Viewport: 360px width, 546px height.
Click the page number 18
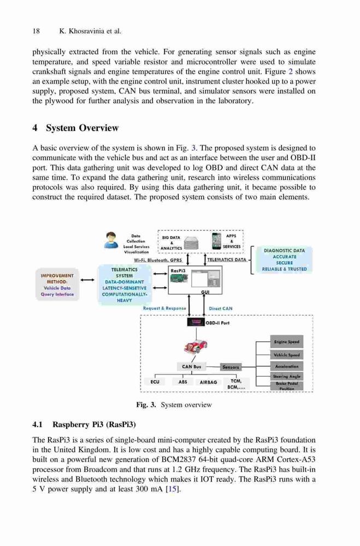(36, 31)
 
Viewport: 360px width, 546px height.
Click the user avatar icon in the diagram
(110, 240)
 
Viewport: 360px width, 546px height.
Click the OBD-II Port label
(217, 323)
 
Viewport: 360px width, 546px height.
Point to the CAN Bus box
(191, 366)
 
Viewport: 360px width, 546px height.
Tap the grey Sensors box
(231, 367)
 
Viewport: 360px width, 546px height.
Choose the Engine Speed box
(286, 342)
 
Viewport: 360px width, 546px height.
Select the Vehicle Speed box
(286, 355)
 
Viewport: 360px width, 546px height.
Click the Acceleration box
(286, 366)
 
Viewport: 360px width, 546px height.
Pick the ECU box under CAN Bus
(155, 382)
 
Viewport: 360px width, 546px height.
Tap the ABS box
(182, 382)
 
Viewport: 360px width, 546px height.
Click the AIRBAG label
(208, 382)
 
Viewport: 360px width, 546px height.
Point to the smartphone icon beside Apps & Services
(217, 241)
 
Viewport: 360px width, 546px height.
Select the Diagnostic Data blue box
(285, 260)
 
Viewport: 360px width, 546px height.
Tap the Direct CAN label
(220, 308)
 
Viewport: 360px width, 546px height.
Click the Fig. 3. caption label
(146, 405)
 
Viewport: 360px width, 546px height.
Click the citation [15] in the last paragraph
(173, 489)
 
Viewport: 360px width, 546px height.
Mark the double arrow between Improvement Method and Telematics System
(87, 280)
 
